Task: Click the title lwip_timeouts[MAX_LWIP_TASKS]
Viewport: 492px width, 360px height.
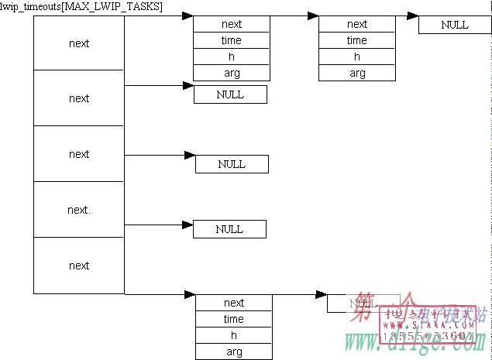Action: point(81,6)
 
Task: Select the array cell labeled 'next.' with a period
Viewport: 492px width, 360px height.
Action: point(79,210)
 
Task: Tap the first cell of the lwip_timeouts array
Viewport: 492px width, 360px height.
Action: point(79,43)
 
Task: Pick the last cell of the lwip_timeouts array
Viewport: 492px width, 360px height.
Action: point(79,266)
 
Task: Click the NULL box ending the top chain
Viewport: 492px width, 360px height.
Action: point(455,25)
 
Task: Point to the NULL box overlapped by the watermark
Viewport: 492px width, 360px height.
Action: point(363,303)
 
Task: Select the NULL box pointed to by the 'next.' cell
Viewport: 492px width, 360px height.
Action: point(229,229)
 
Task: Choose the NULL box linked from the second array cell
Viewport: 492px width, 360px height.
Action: point(230,94)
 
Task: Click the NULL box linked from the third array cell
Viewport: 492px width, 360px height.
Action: point(232,164)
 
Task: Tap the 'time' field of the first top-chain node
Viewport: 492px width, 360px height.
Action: point(232,40)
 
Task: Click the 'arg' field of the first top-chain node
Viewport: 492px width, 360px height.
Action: point(232,74)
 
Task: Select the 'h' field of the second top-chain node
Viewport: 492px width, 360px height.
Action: point(357,57)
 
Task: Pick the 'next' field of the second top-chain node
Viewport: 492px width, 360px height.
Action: point(357,24)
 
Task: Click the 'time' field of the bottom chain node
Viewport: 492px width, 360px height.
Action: point(233,319)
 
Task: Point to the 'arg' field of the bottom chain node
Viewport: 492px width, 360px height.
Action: point(233,352)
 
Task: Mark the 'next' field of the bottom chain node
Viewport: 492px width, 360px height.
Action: point(233,303)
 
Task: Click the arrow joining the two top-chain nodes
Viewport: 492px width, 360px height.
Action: point(294,15)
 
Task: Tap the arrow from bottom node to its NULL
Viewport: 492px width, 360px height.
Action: point(299,295)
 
